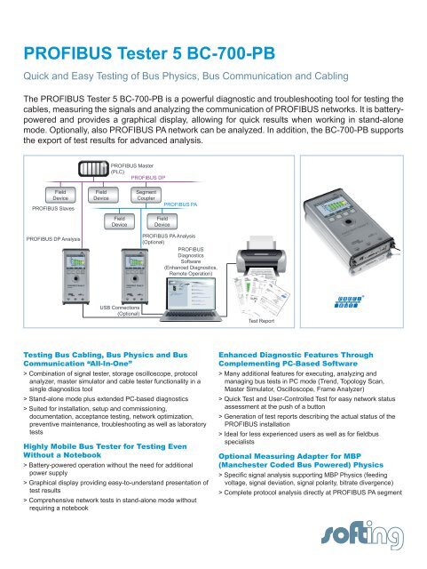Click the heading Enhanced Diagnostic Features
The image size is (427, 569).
click(310, 357)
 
